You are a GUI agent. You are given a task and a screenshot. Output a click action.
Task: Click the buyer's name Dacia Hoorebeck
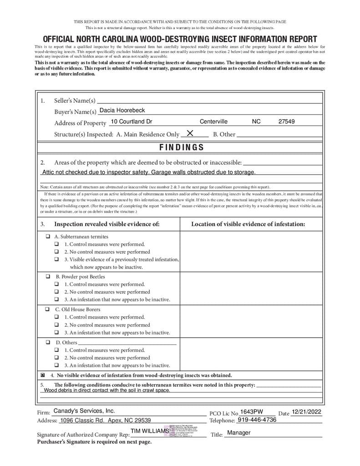(x=122, y=111)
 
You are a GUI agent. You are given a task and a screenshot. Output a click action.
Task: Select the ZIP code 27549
(x=286, y=122)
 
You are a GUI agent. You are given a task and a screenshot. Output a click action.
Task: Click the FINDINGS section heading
(x=182, y=147)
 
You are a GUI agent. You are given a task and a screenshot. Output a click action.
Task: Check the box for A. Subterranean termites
(x=48, y=237)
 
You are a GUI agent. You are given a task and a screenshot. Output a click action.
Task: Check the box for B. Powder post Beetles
(x=48, y=277)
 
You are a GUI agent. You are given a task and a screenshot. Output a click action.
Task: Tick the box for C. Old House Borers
(x=48, y=309)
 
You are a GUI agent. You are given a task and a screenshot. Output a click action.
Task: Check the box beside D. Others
(x=48, y=342)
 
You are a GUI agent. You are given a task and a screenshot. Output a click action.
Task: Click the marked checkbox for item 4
(x=43, y=375)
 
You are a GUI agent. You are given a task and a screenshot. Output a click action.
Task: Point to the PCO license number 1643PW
(x=252, y=412)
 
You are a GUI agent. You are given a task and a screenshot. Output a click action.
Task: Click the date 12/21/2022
(x=307, y=412)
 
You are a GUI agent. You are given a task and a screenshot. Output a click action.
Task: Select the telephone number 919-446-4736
(x=257, y=420)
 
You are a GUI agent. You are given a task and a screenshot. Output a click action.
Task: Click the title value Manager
(x=239, y=433)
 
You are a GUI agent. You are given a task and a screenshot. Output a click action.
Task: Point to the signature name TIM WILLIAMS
(x=149, y=431)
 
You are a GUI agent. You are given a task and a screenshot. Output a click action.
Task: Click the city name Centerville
(x=213, y=122)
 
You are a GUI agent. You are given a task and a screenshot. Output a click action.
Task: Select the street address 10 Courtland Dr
(x=132, y=122)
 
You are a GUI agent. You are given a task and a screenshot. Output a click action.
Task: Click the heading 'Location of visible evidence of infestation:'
(x=248, y=224)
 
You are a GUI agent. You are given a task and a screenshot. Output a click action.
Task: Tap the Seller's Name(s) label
(x=75, y=101)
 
